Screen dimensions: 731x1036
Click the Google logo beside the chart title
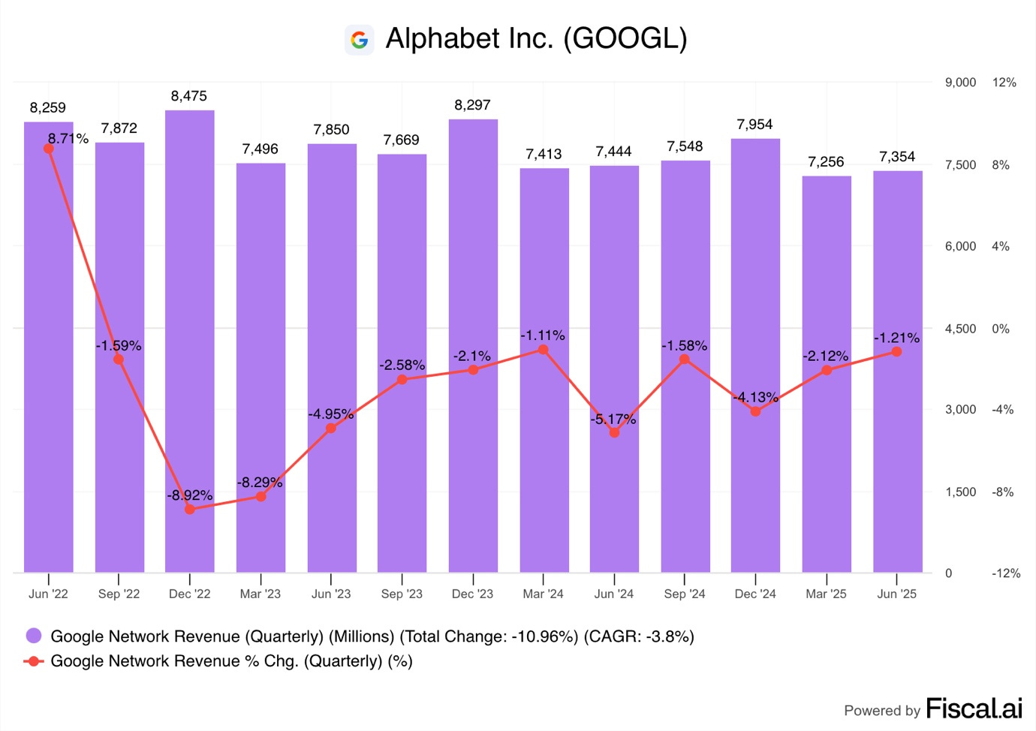[x=359, y=40]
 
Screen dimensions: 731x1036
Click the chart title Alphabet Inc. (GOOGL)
[x=536, y=39]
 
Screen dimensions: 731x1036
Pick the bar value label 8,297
[x=472, y=105]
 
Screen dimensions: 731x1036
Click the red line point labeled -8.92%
[x=190, y=509]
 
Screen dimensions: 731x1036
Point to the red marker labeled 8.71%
[x=49, y=149]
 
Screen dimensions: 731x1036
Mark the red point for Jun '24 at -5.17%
[x=614, y=432]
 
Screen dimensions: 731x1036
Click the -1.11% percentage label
[x=543, y=335]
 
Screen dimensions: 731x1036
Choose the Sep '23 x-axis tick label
[x=402, y=594]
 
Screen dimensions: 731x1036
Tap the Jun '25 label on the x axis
[x=896, y=594]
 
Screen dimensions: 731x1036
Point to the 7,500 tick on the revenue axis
[x=960, y=165]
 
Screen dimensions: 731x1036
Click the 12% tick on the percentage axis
[x=1004, y=83]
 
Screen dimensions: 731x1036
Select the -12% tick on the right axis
[x=1006, y=573]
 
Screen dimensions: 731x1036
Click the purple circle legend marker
[x=34, y=636]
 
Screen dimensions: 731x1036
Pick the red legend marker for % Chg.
[x=34, y=661]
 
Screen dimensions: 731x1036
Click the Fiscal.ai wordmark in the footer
[x=974, y=708]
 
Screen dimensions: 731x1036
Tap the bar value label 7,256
[x=826, y=162]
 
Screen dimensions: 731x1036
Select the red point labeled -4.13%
[x=755, y=411]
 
